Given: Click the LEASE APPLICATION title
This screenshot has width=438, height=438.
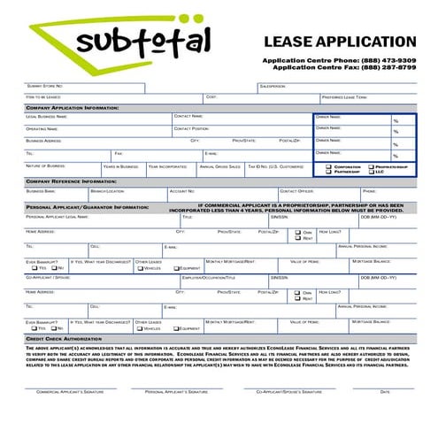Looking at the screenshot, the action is [339, 42].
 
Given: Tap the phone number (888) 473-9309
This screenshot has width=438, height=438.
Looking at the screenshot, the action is [383, 59].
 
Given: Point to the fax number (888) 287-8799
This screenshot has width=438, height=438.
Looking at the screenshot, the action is [383, 67].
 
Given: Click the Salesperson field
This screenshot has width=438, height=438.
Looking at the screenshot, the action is [336, 87].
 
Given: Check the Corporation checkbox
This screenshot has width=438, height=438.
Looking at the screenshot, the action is [329, 166].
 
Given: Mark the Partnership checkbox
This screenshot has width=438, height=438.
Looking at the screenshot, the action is [329, 172].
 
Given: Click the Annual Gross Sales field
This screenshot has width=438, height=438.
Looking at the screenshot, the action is [219, 169].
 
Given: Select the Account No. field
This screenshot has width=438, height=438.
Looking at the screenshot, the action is [221, 194].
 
